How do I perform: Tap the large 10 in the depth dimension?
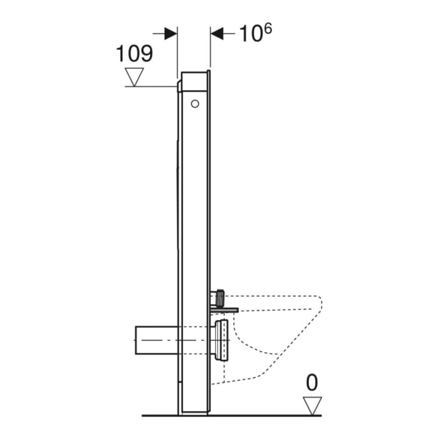(x=251, y=34)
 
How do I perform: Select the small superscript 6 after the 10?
(x=268, y=29)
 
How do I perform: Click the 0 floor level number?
(x=312, y=383)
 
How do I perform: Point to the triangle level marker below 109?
(x=134, y=77)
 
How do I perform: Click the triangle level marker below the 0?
(x=312, y=405)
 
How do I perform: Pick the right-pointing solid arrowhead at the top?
(x=171, y=34)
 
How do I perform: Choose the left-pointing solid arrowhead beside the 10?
(x=217, y=34)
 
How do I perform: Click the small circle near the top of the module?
(x=195, y=104)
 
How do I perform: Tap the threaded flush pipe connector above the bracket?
(x=218, y=298)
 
